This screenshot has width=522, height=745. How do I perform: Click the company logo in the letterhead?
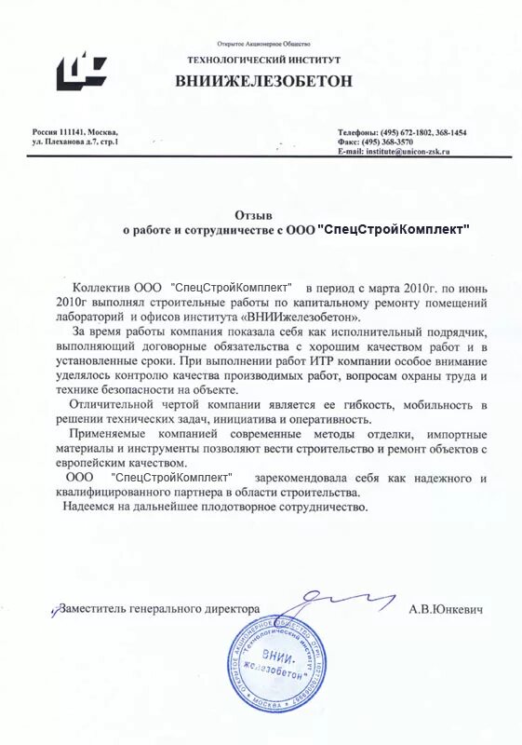coord(81,70)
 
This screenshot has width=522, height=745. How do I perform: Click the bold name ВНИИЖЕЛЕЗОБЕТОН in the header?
coord(264,81)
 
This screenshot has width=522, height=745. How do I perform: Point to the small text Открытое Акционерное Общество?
coord(264,44)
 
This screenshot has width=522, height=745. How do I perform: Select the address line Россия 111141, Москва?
coord(75,132)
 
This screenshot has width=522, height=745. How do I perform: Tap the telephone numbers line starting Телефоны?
coord(402,132)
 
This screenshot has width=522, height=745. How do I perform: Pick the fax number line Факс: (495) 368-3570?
coord(376,142)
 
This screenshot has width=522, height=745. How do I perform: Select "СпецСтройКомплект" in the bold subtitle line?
coord(394,229)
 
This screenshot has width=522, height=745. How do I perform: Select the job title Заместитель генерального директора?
coord(159,608)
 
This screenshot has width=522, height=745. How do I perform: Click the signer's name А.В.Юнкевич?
coord(446,608)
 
